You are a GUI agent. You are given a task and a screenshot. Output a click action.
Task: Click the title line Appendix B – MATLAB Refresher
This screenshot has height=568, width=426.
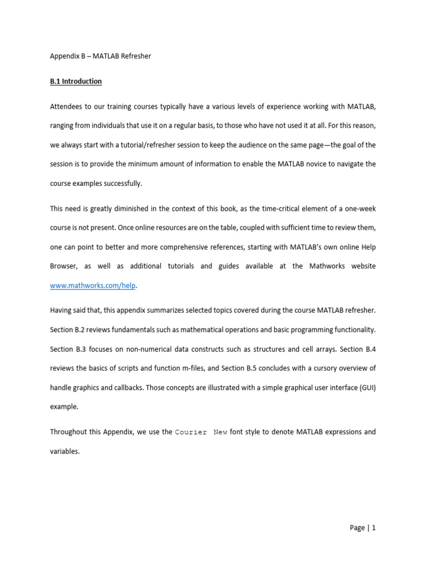click(100, 56)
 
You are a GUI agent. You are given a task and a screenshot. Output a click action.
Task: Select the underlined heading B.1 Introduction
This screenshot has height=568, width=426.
click(76, 82)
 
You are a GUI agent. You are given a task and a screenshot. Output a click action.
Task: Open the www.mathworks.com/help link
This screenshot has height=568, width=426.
click(93, 285)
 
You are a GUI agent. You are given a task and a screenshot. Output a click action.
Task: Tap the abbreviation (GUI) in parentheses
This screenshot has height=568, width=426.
click(366, 387)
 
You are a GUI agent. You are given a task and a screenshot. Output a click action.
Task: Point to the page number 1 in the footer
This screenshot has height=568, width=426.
click(374, 528)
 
